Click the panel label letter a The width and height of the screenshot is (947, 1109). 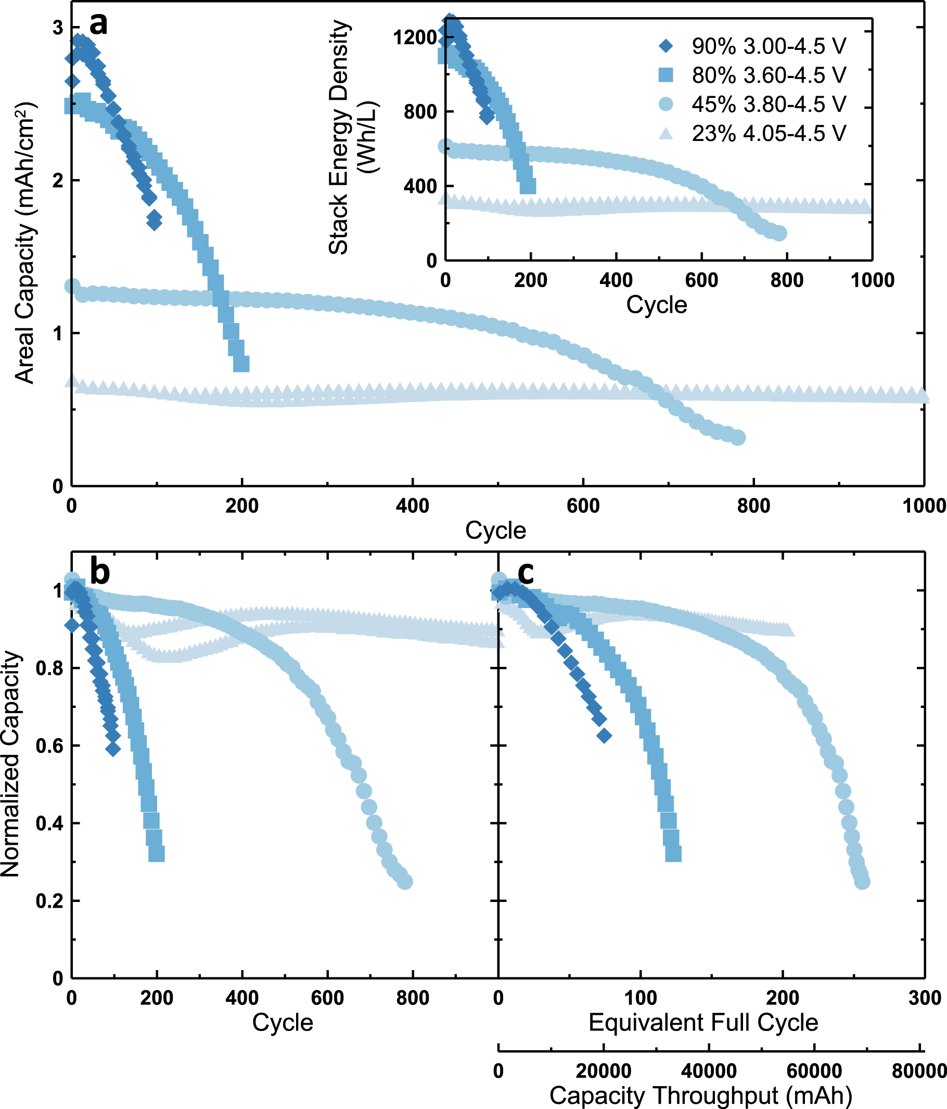pyautogui.click(x=98, y=24)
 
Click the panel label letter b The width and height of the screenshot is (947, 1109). pyautogui.click(x=99, y=571)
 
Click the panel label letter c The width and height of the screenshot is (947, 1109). pyautogui.click(x=526, y=572)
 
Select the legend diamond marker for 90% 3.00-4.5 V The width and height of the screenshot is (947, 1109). pyautogui.click(x=666, y=46)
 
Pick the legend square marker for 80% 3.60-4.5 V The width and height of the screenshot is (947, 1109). pyautogui.click(x=666, y=75)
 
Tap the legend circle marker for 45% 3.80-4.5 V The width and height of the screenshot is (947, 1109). pyautogui.click(x=666, y=104)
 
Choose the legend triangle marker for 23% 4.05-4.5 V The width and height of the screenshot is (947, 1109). pyautogui.click(x=666, y=133)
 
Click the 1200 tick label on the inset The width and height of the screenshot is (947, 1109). pyautogui.click(x=414, y=37)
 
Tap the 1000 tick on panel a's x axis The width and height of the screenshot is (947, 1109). pyautogui.click(x=924, y=505)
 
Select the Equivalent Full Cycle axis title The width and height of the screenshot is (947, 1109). pyautogui.click(x=703, y=1022)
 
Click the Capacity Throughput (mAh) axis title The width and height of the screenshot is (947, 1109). pyautogui.click(x=701, y=1095)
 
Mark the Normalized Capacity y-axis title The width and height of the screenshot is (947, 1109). pyautogui.click(x=11, y=771)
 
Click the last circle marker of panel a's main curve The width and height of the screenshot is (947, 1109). pyautogui.click(x=738, y=437)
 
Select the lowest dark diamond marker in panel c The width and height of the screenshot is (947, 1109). pyautogui.click(x=605, y=736)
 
